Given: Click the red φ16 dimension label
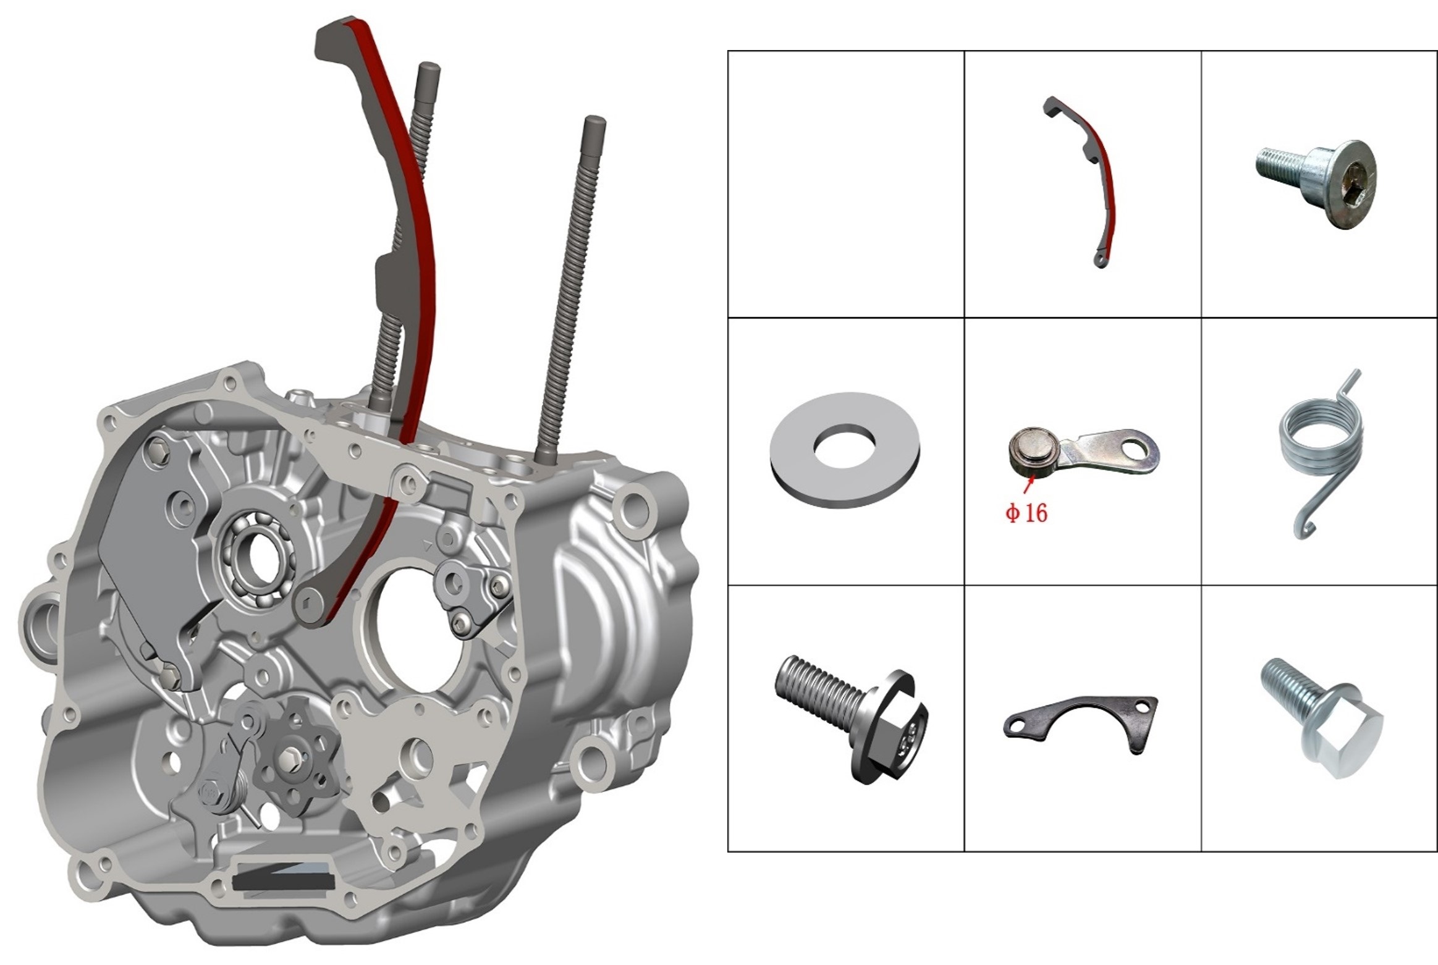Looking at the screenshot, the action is (x=1026, y=513).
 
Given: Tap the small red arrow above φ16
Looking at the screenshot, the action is (x=1028, y=486).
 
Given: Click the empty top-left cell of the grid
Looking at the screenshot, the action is (x=846, y=184).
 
